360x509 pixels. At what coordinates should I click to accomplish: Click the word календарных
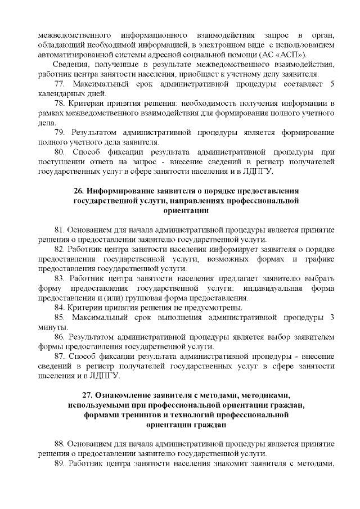click(x=61, y=94)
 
